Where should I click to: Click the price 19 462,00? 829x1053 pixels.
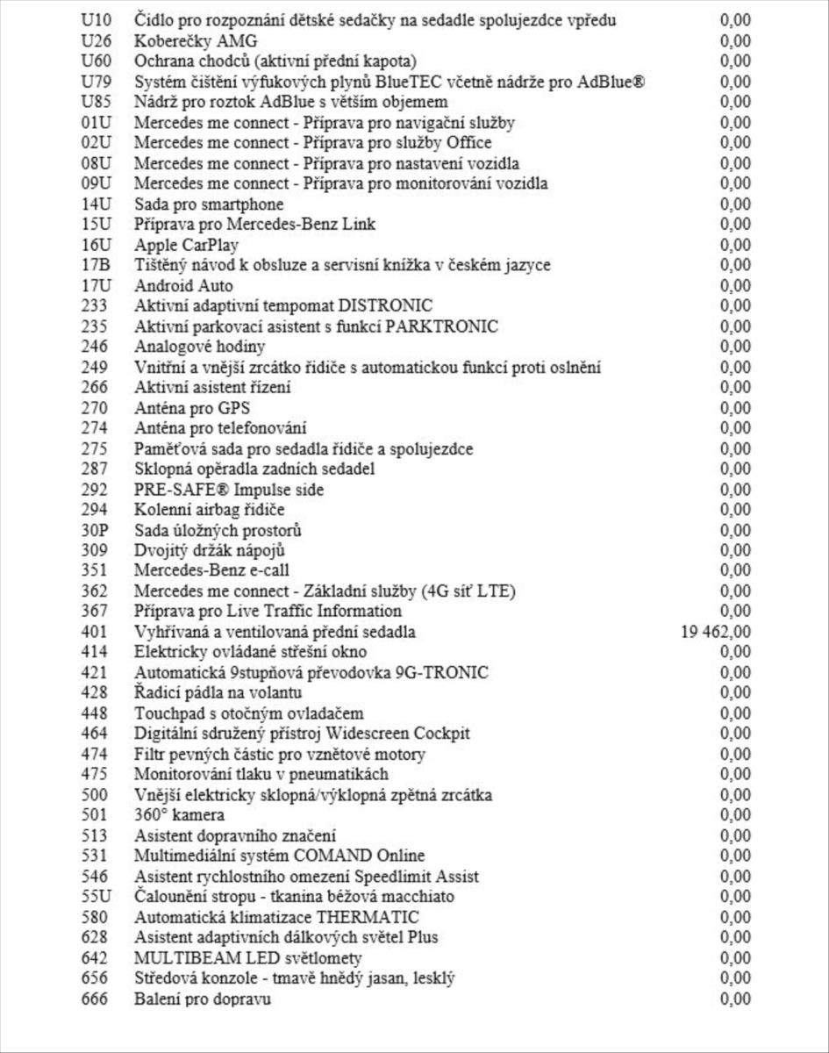pyautogui.click(x=715, y=632)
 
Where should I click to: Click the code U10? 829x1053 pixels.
pyautogui.click(x=95, y=20)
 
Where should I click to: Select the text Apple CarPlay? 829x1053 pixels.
pyautogui.click(x=186, y=245)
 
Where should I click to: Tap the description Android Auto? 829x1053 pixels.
pyautogui.click(x=183, y=285)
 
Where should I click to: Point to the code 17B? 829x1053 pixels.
pyautogui.click(x=95, y=265)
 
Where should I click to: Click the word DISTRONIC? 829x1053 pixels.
pyautogui.click(x=386, y=306)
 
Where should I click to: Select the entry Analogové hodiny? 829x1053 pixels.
pyautogui.click(x=199, y=347)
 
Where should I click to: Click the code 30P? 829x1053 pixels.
pyautogui.click(x=95, y=530)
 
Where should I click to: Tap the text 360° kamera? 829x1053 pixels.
pyautogui.click(x=173, y=815)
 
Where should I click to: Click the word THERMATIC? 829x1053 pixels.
pyautogui.click(x=368, y=917)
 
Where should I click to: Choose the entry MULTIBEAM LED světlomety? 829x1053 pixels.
pyautogui.click(x=247, y=958)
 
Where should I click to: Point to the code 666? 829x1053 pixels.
pyautogui.click(x=94, y=999)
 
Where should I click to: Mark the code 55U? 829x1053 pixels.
pyautogui.click(x=95, y=897)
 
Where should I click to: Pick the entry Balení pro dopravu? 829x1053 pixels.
pyautogui.click(x=203, y=999)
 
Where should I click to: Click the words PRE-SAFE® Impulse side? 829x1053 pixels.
pyautogui.click(x=229, y=490)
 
